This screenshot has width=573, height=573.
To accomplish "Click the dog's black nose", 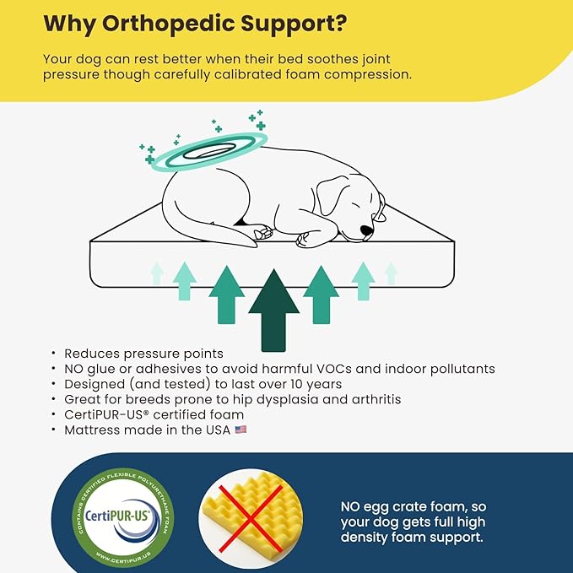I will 366,230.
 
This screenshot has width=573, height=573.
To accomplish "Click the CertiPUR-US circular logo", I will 124,511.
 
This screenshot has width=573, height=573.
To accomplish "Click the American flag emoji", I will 241,430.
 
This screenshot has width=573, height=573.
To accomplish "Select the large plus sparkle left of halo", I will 149,159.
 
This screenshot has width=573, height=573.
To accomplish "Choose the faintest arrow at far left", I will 157,273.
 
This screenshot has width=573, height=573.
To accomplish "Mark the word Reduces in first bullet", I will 90,354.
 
